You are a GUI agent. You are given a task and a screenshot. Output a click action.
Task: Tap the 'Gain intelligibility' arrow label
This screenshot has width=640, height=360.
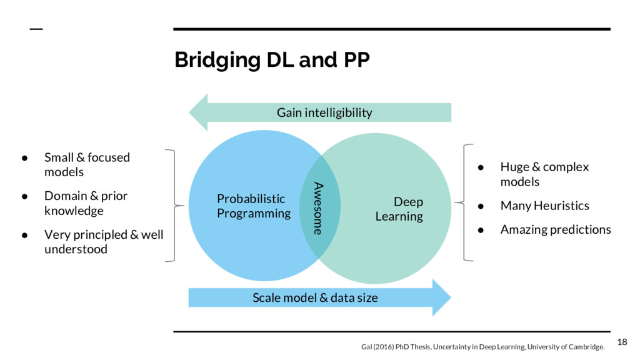point(324,112)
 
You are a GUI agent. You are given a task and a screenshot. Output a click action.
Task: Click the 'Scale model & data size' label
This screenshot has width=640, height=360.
point(315,297)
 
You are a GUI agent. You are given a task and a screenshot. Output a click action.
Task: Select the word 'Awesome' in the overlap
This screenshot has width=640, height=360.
point(319,208)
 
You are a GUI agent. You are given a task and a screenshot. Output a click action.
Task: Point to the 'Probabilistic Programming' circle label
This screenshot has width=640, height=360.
point(253,206)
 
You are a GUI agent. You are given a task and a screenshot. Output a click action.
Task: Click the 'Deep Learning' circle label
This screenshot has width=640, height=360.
point(399,209)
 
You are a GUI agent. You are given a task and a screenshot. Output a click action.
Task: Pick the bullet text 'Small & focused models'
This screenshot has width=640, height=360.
point(87,164)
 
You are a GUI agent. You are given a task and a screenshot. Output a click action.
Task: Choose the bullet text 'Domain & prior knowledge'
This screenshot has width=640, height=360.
point(86,203)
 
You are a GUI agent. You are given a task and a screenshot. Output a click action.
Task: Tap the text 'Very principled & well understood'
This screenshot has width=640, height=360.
point(103,242)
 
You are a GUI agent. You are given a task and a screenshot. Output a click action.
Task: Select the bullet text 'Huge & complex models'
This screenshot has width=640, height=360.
point(544,174)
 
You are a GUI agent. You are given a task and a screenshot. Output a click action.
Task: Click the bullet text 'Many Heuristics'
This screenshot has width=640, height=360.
point(544,206)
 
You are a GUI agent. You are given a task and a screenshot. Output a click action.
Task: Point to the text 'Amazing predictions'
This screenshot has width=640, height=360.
point(556,229)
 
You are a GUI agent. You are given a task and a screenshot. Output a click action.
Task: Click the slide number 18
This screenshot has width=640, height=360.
point(621,341)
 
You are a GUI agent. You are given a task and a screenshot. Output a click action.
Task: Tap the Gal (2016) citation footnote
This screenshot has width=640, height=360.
point(482,347)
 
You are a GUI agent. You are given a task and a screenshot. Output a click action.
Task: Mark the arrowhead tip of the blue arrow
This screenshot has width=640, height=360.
point(449,297)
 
